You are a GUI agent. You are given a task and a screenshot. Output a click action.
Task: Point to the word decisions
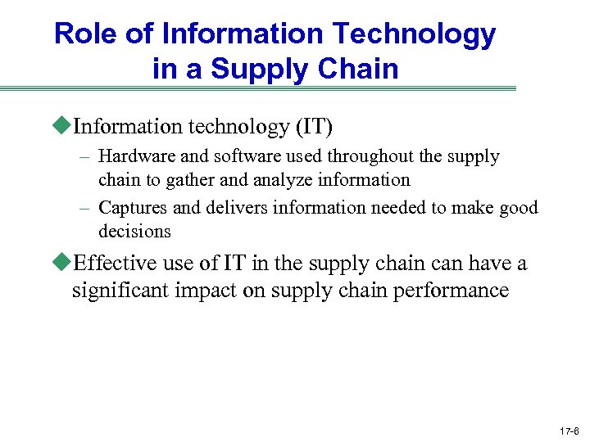[x=134, y=231]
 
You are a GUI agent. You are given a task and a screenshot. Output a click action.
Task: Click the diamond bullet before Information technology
[x=65, y=126]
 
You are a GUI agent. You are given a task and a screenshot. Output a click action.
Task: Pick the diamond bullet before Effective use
[x=65, y=263]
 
